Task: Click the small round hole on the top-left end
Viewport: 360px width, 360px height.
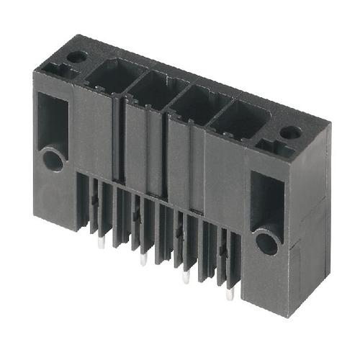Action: click(77, 55)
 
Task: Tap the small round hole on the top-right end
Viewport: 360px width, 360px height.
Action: click(290, 132)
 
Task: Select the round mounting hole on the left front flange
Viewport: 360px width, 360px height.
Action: click(53, 160)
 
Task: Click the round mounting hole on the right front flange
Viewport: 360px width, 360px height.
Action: click(267, 243)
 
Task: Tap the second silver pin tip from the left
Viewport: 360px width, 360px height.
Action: click(143, 260)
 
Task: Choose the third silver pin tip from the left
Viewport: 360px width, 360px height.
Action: click(185, 277)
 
